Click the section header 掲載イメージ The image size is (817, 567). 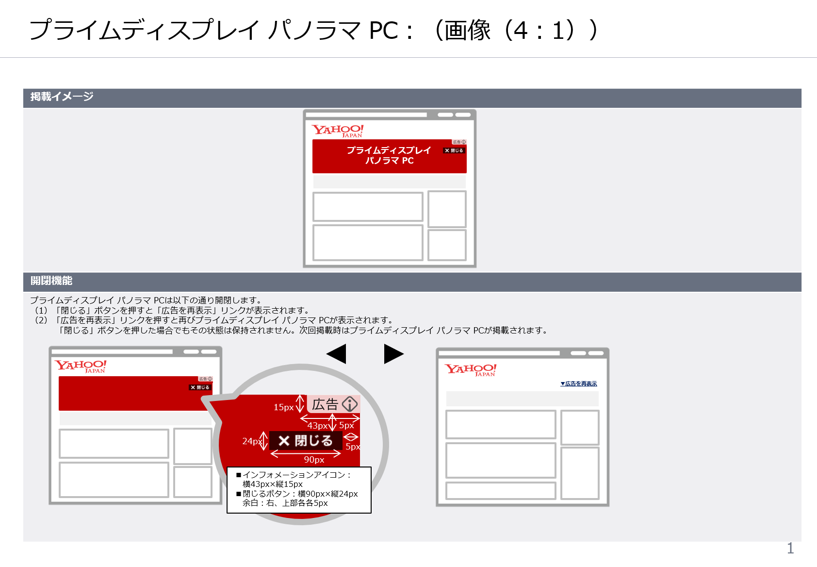point(62,97)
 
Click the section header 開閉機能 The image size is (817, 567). point(51,281)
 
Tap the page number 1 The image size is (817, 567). point(790,548)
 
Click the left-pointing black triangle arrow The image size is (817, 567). point(337,354)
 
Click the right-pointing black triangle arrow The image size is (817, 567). point(393,354)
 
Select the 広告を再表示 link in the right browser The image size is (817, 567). point(579,384)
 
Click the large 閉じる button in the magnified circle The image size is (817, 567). point(306,441)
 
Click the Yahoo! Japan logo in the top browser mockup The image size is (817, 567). point(338,131)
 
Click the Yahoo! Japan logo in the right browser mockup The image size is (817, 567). point(471,370)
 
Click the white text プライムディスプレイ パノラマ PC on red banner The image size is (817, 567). point(389,155)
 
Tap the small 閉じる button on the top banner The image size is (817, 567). point(454,150)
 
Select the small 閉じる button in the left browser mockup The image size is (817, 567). point(200,387)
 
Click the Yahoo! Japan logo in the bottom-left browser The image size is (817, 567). point(81,366)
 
